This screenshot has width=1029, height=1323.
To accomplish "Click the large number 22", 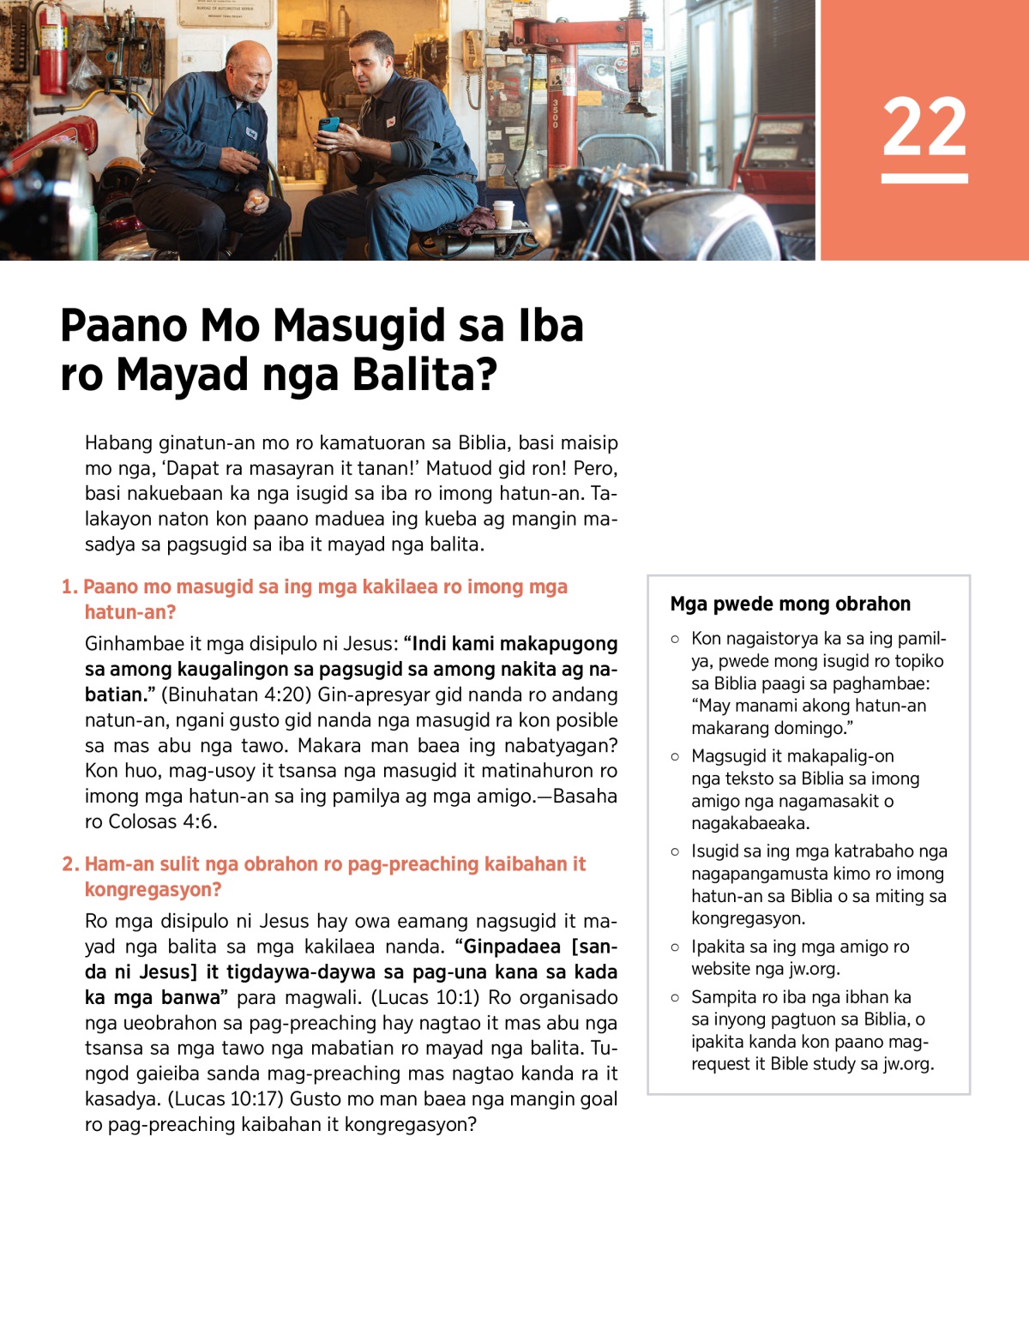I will (924, 126).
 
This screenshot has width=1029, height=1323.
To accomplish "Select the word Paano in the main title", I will (123, 327).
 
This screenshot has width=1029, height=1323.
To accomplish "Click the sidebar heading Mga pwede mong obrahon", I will (790, 604).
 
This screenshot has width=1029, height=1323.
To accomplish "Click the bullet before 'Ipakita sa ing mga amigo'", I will (675, 947).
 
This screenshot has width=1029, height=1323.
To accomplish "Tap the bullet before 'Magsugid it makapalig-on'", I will (675, 757).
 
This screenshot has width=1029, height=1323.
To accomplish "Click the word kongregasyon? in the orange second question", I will (153, 890).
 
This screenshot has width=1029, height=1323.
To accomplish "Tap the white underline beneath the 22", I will (924, 178).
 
